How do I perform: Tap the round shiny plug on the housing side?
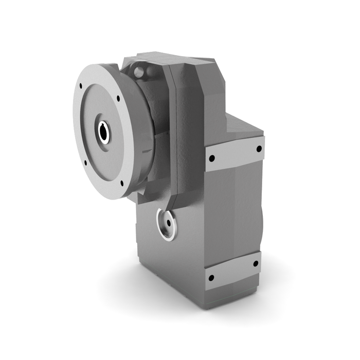point(167,225)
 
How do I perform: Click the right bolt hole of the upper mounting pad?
point(258,149)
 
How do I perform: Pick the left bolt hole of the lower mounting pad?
point(211,278)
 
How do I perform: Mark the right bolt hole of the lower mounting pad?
point(256,264)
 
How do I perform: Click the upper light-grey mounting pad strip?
point(235,154)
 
